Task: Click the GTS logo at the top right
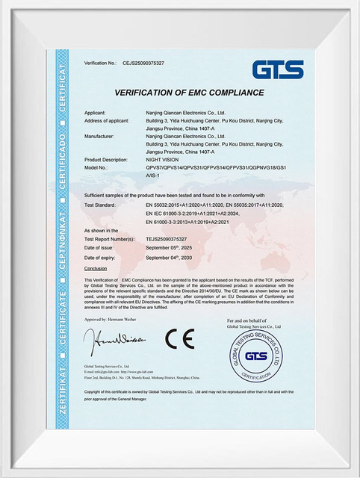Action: click(x=278, y=69)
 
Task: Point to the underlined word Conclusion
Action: click(x=96, y=267)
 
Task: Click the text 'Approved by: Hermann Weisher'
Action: click(x=114, y=318)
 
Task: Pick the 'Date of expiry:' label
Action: click(x=101, y=257)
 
